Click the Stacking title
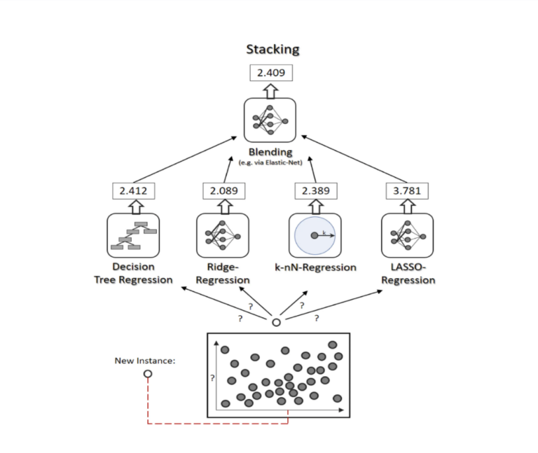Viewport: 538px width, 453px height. pyautogui.click(x=273, y=49)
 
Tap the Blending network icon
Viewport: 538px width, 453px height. pyautogui.click(x=270, y=120)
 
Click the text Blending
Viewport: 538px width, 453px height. pyautogui.click(x=270, y=151)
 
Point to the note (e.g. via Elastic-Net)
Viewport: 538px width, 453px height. pyautogui.click(x=270, y=162)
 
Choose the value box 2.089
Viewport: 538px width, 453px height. pyautogui.click(x=223, y=190)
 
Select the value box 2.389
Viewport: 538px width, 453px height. pyautogui.click(x=315, y=190)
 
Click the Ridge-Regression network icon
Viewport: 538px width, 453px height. pyautogui.click(x=223, y=235)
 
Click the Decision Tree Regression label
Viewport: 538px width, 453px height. pyautogui.click(x=133, y=273)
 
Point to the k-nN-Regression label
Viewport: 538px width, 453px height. pyautogui.click(x=315, y=267)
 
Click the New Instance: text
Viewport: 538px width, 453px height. pyautogui.click(x=145, y=361)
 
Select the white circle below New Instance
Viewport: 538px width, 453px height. pyautogui.click(x=147, y=375)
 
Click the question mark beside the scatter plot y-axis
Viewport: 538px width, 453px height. pyautogui.click(x=212, y=379)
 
